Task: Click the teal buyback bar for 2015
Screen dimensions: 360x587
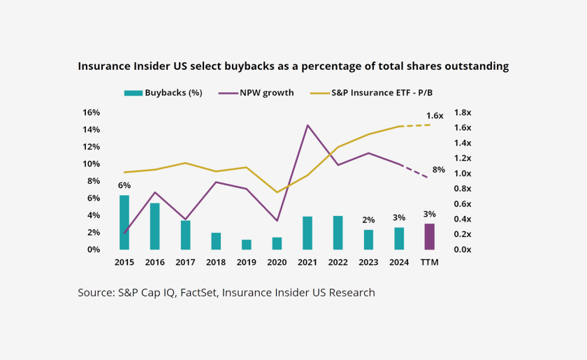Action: (124, 222)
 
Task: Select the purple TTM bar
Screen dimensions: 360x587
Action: (429, 236)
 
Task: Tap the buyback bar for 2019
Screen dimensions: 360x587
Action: (246, 244)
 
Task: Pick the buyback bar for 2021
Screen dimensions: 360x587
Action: (307, 233)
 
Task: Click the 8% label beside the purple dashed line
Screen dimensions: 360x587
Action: (438, 169)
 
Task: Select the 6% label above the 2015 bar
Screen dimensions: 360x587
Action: (124, 185)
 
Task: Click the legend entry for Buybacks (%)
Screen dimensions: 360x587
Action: (163, 92)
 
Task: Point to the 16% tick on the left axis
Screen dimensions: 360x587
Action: (92, 113)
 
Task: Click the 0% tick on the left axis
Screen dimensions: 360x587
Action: (94, 250)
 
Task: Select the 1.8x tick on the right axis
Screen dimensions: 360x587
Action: (463, 113)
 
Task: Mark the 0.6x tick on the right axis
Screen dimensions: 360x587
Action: (463, 203)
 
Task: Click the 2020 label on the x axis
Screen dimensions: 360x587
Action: (277, 262)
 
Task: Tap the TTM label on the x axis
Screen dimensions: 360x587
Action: (429, 262)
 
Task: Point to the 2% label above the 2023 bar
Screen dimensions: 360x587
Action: (368, 219)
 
